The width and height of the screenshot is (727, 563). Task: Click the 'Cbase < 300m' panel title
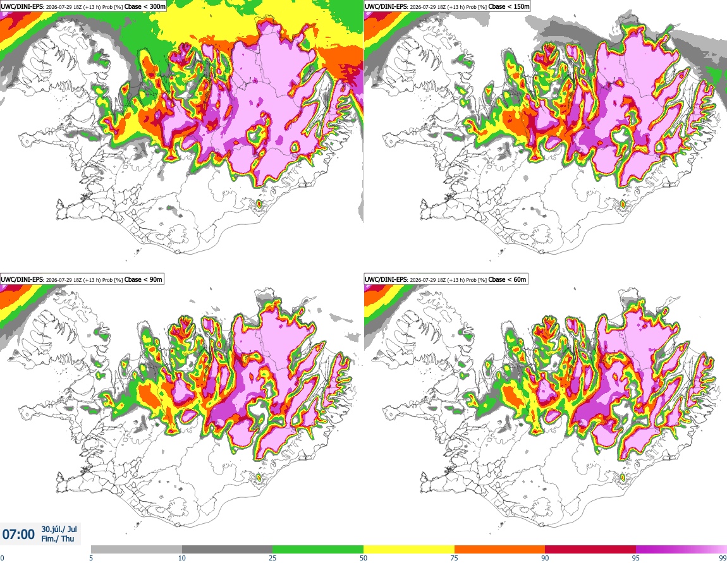pos(145,6)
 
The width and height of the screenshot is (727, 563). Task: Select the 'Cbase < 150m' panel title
pos(509,6)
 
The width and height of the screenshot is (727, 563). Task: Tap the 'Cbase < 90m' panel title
pos(144,279)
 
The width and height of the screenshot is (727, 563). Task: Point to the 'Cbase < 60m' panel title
pos(508,279)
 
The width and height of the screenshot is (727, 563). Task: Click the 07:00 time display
pos(18,535)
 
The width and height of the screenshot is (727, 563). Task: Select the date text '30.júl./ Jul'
pos(59,529)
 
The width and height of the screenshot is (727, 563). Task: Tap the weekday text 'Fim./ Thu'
pos(58,538)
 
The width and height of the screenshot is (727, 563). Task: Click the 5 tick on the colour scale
pos(91,558)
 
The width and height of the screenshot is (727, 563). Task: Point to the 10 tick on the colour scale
pos(182,558)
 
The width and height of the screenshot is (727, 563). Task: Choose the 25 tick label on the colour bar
pos(272,558)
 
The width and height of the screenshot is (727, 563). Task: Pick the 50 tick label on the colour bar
pos(363,558)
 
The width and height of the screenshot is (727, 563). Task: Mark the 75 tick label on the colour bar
pos(455,558)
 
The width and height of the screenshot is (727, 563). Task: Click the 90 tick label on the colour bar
pos(545,558)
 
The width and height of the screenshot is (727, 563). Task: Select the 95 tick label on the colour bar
pos(636,558)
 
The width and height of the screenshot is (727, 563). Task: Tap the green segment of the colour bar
pos(318,550)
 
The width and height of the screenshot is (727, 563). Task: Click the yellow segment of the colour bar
pos(409,550)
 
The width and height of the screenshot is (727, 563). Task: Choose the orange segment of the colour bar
pos(500,550)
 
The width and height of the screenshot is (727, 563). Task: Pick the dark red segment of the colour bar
pos(590,550)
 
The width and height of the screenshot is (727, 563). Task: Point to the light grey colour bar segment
pos(137,550)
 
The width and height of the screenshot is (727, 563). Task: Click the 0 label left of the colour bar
pos(2,558)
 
